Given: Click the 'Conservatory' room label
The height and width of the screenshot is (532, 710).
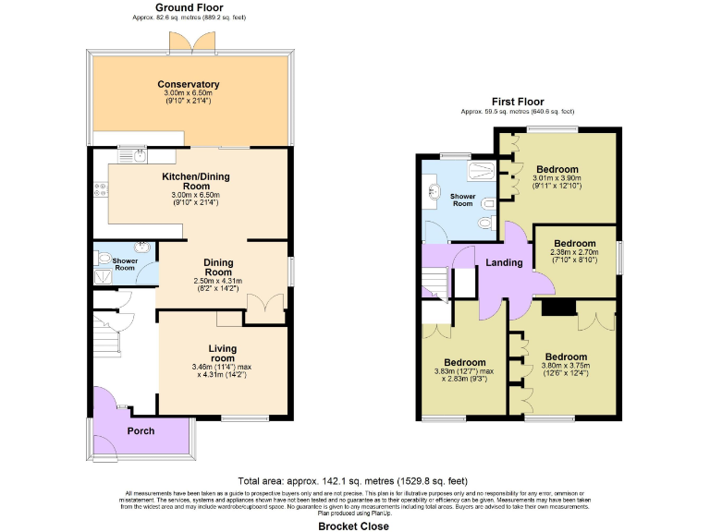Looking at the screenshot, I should click(x=188, y=84).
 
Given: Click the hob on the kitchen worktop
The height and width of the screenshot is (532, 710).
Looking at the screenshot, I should click(x=100, y=188).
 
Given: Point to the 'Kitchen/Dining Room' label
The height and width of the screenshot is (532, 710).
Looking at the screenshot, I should click(x=195, y=181).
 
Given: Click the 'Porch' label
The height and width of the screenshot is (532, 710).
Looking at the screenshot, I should click(x=141, y=430).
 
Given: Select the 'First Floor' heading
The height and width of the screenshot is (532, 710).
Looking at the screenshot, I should click(x=517, y=102).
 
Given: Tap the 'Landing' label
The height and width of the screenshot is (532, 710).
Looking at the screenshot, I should click(x=504, y=263).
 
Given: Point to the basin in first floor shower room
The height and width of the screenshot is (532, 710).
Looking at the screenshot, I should click(x=433, y=193).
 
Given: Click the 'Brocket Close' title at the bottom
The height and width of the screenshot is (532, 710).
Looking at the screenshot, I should click(x=353, y=526).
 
